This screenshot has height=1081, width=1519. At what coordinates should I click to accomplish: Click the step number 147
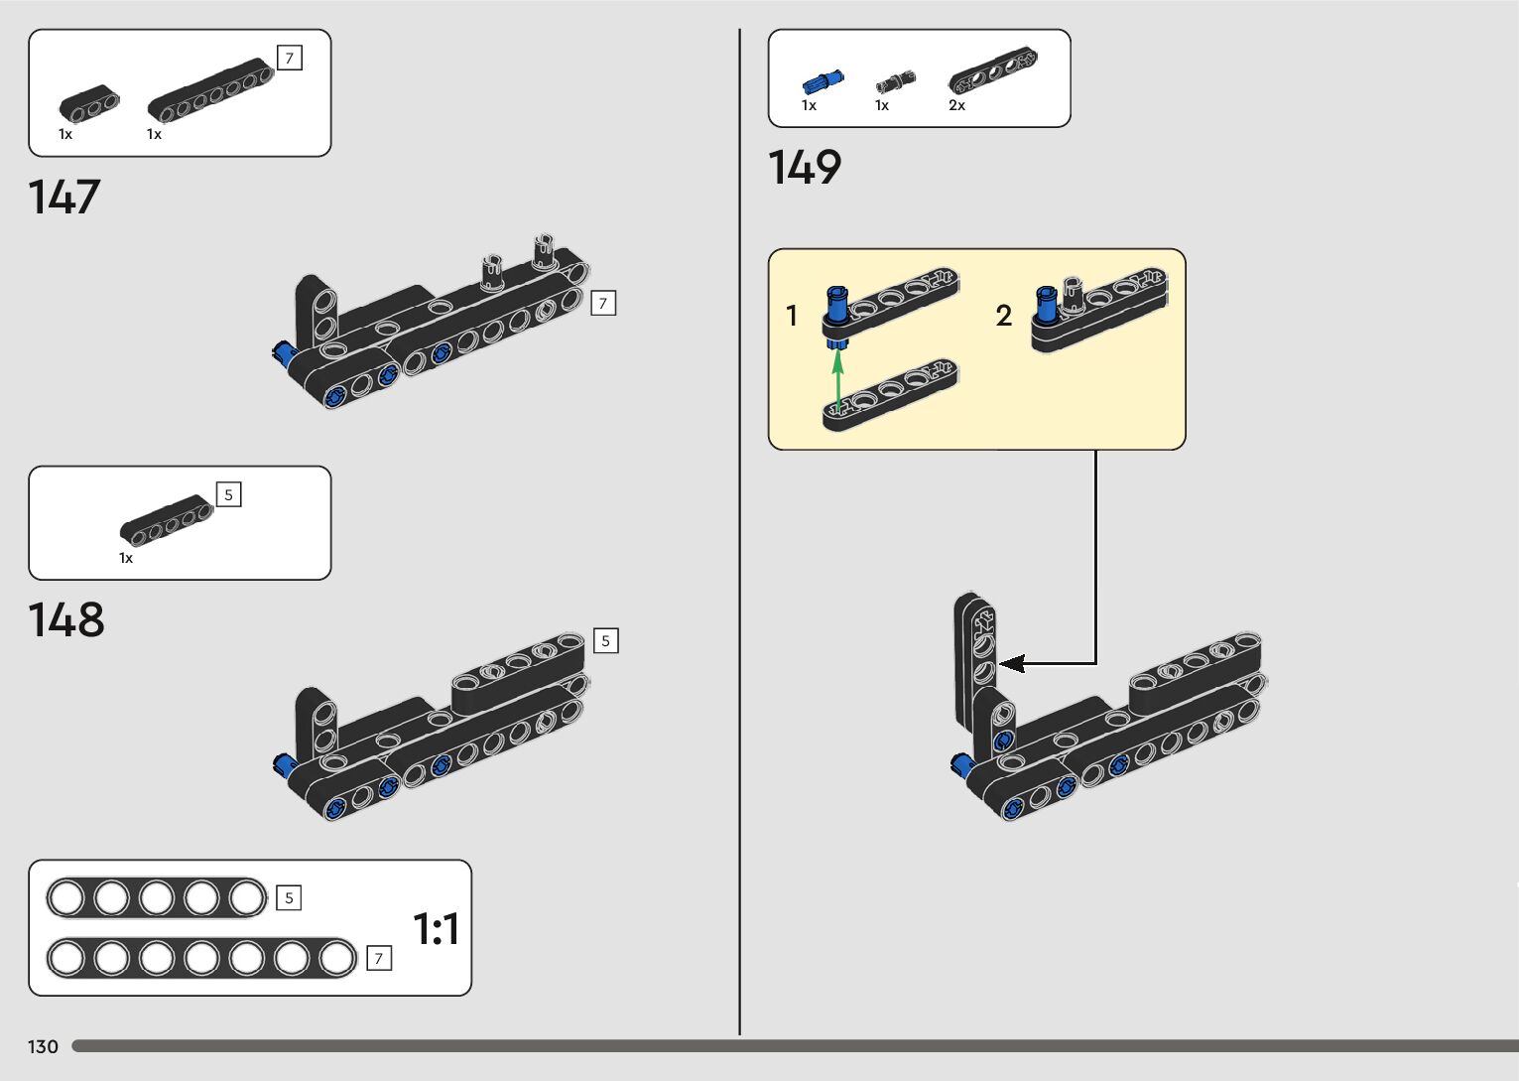click(64, 197)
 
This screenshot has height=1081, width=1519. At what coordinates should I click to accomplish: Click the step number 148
click(66, 619)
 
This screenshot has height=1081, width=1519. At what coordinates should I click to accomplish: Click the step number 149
click(805, 167)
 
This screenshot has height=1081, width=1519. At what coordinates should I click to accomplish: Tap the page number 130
click(43, 1046)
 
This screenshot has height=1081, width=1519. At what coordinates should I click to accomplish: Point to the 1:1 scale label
click(436, 928)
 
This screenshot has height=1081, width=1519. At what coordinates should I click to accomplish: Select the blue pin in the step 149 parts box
click(823, 82)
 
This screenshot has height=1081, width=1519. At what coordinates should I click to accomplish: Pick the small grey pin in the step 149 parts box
click(895, 82)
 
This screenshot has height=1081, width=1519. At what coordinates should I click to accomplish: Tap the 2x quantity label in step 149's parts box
click(956, 105)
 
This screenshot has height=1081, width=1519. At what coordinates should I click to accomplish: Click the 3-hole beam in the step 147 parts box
click(89, 104)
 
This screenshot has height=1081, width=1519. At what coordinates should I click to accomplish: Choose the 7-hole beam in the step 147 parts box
click(211, 91)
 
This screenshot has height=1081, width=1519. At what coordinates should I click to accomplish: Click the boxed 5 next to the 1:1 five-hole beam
click(289, 897)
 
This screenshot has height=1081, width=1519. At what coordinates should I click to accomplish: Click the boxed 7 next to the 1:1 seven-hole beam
click(379, 958)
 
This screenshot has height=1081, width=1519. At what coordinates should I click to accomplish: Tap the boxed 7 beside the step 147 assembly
click(603, 304)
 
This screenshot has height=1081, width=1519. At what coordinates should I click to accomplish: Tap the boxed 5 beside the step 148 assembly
click(605, 640)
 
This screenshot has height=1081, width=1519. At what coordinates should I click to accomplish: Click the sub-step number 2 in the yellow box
click(1004, 316)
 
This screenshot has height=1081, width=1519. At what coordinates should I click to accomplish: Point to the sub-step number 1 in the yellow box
click(792, 316)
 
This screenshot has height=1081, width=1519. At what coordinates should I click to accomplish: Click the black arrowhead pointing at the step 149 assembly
click(1011, 664)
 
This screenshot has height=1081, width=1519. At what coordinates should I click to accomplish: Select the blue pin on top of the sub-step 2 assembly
click(1047, 305)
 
